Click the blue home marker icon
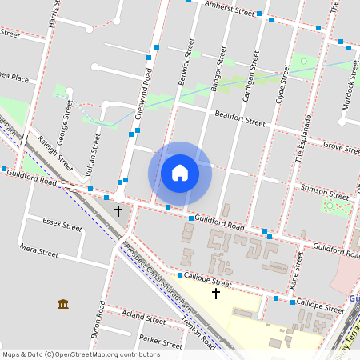tap(180, 173)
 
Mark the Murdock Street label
tap(350, 83)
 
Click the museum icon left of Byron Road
tap(63, 304)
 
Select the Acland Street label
tap(144, 318)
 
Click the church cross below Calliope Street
tap(215, 294)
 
